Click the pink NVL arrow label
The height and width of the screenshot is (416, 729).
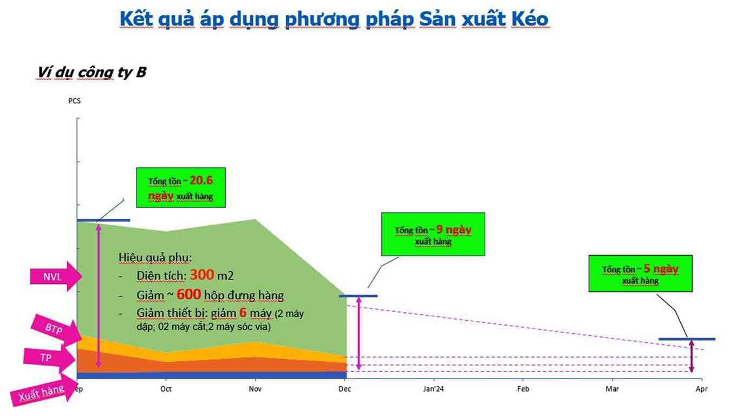(56, 276)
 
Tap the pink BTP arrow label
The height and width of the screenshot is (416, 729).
(56, 330)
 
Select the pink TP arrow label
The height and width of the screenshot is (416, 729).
(49, 358)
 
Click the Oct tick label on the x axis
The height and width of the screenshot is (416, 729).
(166, 389)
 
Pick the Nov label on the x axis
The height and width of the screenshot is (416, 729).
(255, 389)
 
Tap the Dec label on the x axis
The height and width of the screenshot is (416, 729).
(344, 389)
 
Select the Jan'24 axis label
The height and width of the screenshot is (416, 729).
(433, 389)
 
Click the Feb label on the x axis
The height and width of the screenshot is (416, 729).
(523, 389)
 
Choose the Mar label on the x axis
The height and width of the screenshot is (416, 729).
(612, 389)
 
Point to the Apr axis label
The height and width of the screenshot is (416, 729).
(702, 389)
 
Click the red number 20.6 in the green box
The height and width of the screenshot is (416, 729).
(201, 180)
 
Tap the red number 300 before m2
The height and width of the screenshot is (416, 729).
(202, 275)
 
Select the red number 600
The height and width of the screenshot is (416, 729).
(189, 294)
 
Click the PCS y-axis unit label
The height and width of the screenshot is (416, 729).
(75, 101)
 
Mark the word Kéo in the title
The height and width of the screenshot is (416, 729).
(530, 19)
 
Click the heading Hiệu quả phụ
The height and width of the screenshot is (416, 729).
(155, 257)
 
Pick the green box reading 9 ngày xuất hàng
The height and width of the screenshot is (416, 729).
(433, 235)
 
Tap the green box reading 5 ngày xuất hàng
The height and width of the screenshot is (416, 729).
(641, 274)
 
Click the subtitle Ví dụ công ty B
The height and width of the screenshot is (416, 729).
(92, 72)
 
